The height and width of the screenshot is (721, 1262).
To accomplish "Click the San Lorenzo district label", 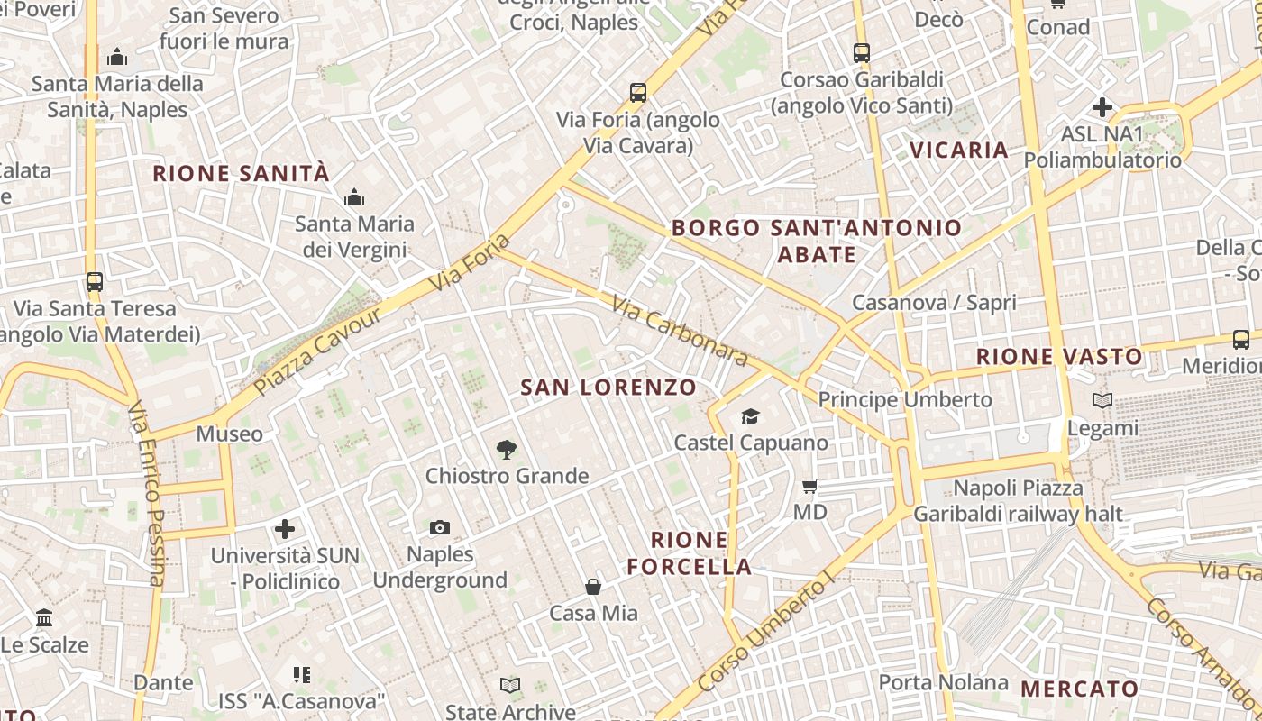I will tap(608, 388).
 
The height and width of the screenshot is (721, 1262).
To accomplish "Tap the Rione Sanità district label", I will tap(242, 174).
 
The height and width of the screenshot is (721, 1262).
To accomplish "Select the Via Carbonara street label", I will tap(680, 331).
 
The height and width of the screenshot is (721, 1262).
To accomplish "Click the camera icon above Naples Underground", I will tap(440, 528).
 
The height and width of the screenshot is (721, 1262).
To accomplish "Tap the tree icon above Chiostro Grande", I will tap(507, 449).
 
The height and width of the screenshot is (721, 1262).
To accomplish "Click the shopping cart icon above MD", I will tap(809, 487).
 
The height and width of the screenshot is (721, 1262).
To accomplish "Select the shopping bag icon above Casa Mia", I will tap(593, 588).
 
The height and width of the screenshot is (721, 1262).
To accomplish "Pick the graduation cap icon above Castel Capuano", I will tap(750, 416).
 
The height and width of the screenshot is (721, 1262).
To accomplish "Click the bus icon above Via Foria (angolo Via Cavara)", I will tap(638, 92).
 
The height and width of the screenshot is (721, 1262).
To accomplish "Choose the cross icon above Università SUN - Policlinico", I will tap(285, 529).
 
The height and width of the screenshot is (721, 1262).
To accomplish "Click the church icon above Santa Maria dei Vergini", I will tap(354, 197).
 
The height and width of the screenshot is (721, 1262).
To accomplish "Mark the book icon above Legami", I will tap(1102, 400).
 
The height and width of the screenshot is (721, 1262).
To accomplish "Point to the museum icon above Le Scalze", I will tap(44, 618).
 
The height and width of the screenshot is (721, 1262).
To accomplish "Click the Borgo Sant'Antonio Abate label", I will tap(817, 241).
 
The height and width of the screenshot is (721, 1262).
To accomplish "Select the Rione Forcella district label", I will tap(690, 553).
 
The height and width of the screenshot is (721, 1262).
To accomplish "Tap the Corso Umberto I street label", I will tap(763, 634).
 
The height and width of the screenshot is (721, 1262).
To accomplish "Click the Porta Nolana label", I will tap(943, 682).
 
